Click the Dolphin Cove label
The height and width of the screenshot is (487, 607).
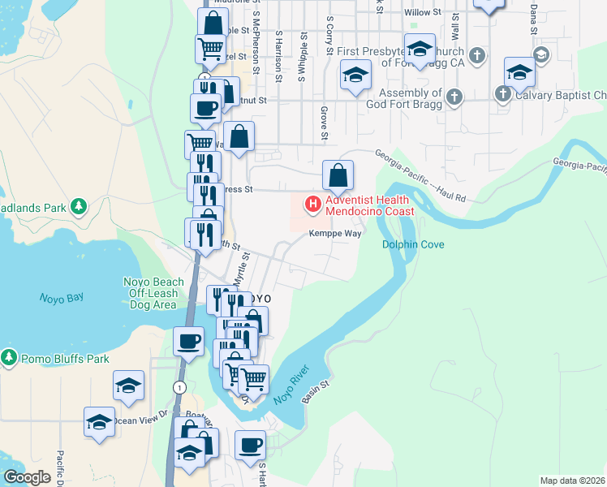click(x=413, y=244)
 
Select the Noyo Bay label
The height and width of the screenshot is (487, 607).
click(x=62, y=298)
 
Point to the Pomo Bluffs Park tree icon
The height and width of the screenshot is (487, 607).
click(x=9, y=357)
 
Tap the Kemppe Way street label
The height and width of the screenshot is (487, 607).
click(x=334, y=233)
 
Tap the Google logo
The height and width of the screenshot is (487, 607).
click(x=28, y=477)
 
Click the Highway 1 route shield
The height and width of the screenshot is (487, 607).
click(x=177, y=388)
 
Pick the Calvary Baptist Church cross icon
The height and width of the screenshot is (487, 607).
click(x=503, y=95)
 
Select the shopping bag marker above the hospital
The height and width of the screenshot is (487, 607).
click(x=338, y=175)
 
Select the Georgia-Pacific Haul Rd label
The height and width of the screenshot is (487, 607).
click(x=420, y=175)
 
